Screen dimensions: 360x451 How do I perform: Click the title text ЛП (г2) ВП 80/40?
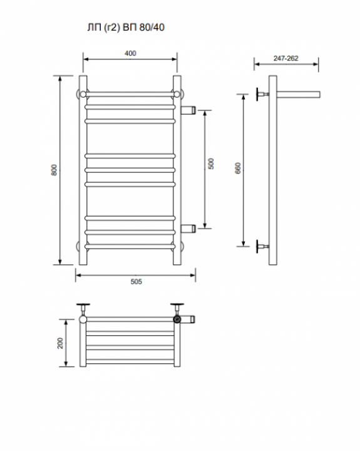click(126, 28)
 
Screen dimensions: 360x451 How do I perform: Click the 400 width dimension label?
click(130, 53)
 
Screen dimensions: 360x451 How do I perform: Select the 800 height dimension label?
click(54, 170)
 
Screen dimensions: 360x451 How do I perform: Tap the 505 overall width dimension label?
click(136, 282)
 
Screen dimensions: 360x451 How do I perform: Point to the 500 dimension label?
click(211, 163)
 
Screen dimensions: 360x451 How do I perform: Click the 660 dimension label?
click(238, 168)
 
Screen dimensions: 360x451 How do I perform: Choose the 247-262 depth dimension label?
click(286, 58)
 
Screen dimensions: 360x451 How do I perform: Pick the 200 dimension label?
click(60, 343)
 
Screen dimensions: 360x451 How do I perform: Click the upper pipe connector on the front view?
click(188, 110)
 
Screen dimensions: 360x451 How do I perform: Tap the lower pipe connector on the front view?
click(188, 229)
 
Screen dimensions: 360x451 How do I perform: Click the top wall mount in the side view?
click(262, 94)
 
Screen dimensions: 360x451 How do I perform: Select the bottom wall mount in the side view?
click(262, 247)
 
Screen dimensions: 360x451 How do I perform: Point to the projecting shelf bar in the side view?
click(299, 95)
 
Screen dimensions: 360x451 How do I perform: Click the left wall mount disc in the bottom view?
click(83, 304)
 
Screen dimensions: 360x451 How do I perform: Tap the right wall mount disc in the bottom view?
click(177, 304)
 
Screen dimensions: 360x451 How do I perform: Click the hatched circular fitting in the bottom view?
click(177, 319)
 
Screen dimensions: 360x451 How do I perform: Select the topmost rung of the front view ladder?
click(130, 94)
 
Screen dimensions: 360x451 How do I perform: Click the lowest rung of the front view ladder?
click(130, 247)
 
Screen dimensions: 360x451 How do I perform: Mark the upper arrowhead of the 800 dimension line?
click(60, 78)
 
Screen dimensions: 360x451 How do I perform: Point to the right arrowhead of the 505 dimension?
click(193, 275)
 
